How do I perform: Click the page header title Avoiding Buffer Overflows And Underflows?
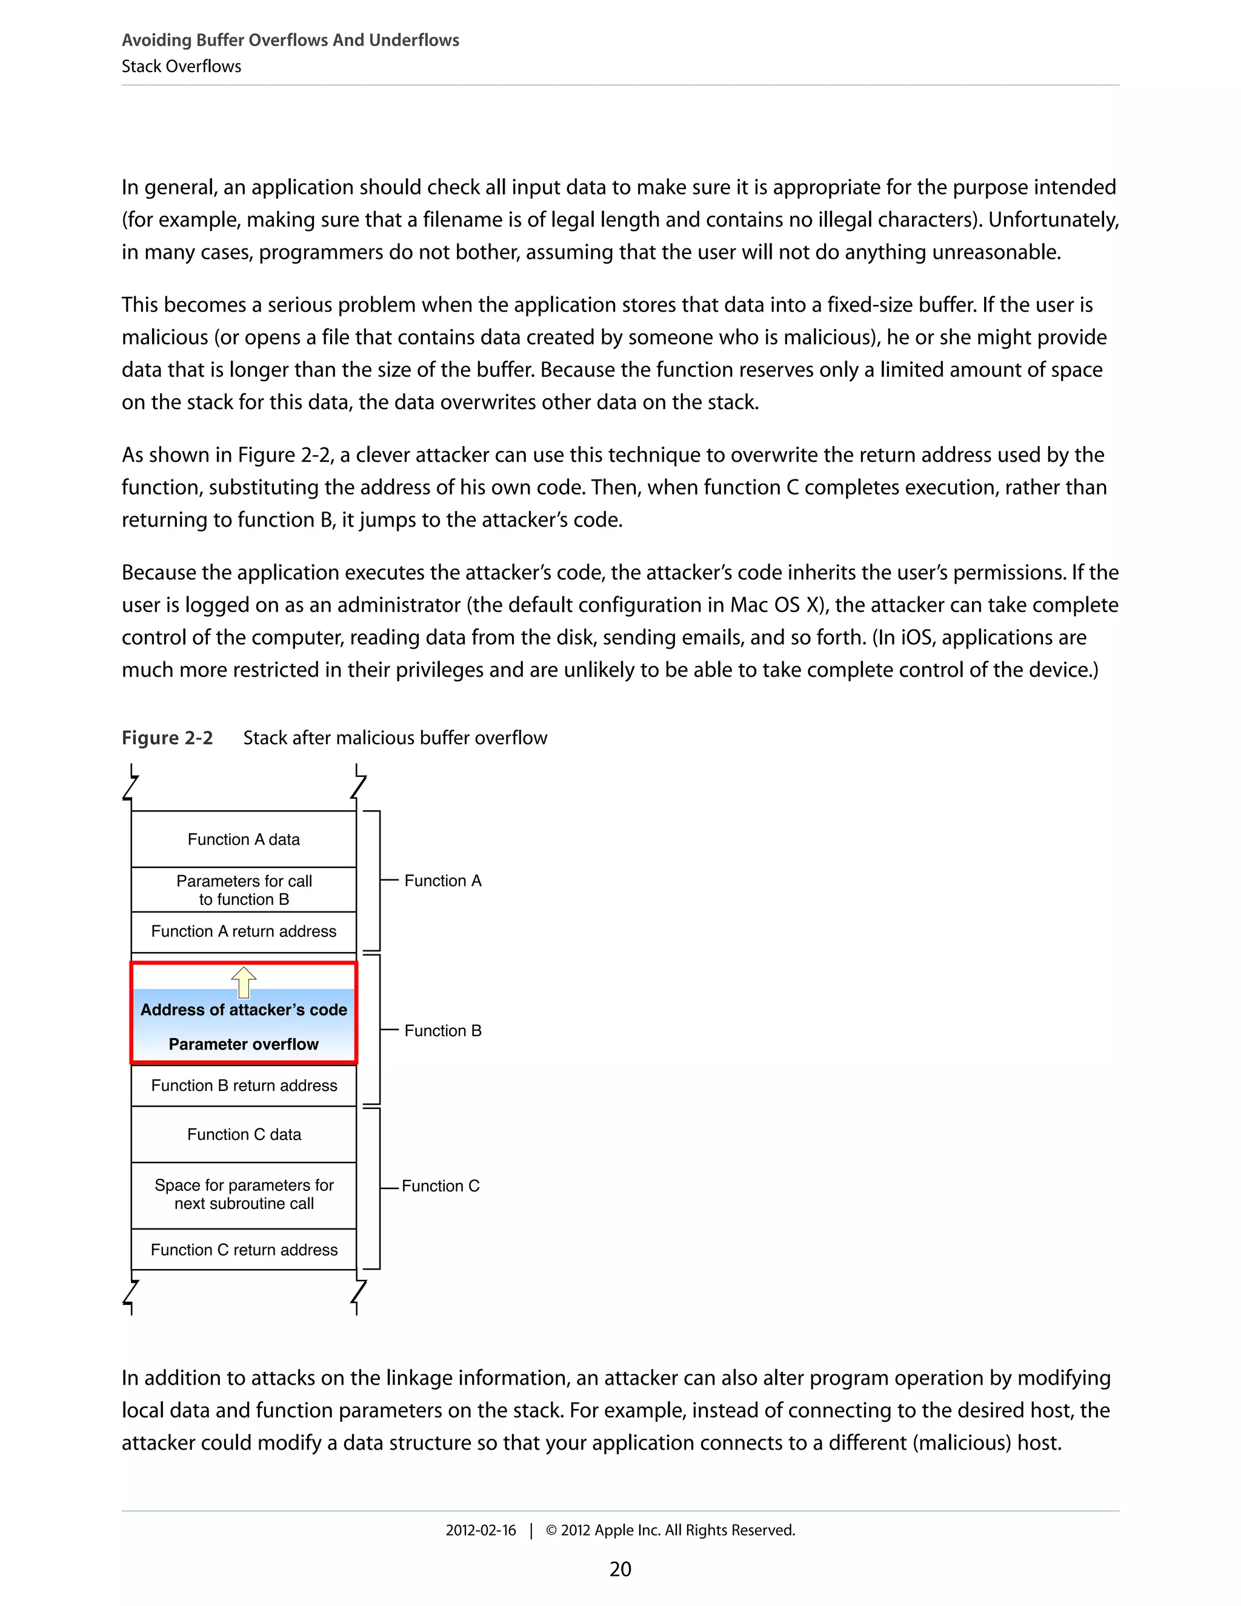tap(290, 41)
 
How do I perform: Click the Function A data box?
tap(244, 839)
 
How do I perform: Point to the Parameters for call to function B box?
tap(244, 890)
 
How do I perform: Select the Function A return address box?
tap(244, 931)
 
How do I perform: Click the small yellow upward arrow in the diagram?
tap(244, 982)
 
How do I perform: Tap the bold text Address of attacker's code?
tap(244, 1010)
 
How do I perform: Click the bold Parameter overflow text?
tap(244, 1044)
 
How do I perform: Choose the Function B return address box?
tap(244, 1085)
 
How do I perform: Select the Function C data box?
tap(244, 1134)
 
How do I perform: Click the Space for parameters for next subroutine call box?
tap(244, 1195)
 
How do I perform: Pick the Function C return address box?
tap(244, 1250)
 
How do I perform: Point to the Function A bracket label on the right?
tap(442, 881)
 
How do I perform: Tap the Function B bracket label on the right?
tap(442, 1031)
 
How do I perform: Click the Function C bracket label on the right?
tap(441, 1186)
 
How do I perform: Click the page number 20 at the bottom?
tap(620, 1569)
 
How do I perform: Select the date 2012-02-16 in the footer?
tap(481, 1530)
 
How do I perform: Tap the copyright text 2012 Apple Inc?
tap(671, 1530)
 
